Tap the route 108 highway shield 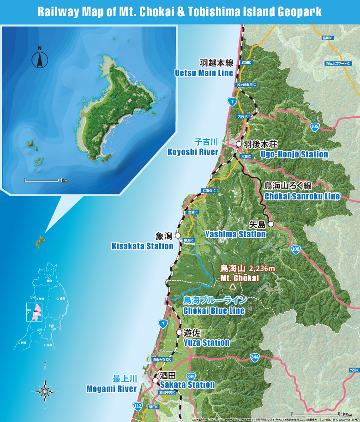[x=295, y=250]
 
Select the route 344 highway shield [x=254, y=356]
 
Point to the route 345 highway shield [x=191, y=378]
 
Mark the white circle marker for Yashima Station [x=271, y=224]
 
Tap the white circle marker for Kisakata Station [x=178, y=235]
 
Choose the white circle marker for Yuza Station [x=179, y=332]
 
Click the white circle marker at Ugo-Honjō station [x=239, y=145]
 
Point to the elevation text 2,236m [x=262, y=268]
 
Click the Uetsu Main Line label [x=204, y=73]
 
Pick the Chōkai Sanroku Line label [x=302, y=196]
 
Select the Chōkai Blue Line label [x=214, y=310]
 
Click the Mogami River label [x=112, y=389]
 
